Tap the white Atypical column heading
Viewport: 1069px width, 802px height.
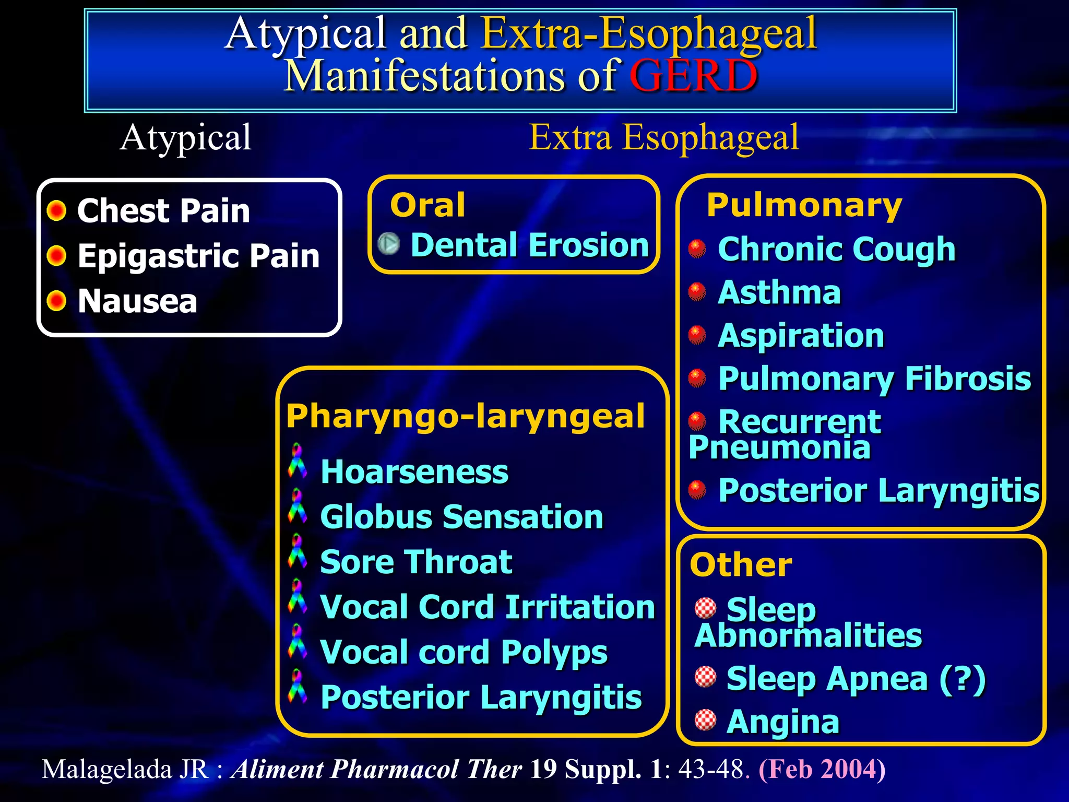185,138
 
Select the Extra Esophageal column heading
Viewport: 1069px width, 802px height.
663,137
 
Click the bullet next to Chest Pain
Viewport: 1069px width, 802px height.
56,211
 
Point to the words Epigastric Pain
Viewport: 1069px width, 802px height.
198,256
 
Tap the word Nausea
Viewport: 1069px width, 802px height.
137,301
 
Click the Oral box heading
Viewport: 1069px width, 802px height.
427,205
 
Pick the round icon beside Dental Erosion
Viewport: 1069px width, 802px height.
388,243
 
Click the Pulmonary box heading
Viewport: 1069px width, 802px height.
804,205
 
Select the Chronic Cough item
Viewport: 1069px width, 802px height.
836,249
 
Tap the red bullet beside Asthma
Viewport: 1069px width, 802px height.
697,292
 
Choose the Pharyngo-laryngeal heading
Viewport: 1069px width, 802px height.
466,416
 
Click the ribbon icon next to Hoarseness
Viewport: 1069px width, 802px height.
297,461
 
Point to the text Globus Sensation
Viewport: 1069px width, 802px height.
461,517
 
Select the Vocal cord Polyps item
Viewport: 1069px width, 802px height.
464,652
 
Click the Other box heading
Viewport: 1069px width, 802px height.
741,565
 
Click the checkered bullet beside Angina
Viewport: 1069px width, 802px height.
705,720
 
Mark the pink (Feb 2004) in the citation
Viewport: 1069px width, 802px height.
822,769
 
